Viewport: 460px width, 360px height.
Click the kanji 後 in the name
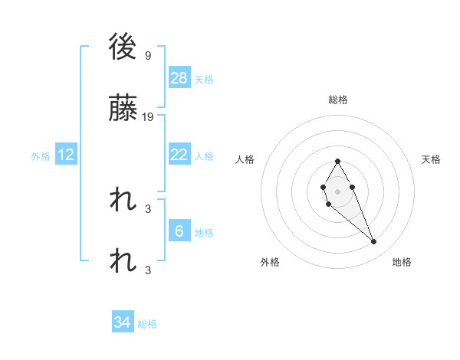[x=123, y=47]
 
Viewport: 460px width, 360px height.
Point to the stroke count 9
[x=147, y=55]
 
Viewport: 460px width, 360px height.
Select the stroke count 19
[x=149, y=117]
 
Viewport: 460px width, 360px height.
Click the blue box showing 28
[x=179, y=77]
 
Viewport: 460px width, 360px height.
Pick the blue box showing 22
[x=179, y=155]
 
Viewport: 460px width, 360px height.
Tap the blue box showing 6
[x=179, y=231]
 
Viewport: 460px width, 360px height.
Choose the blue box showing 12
[x=65, y=155]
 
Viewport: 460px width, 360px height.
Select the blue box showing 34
[x=123, y=323]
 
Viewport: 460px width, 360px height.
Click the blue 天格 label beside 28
[x=204, y=79]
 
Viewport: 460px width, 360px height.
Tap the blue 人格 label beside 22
[x=204, y=155]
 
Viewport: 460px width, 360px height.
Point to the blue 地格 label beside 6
[x=204, y=233]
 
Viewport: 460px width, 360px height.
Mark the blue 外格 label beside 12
[x=41, y=156]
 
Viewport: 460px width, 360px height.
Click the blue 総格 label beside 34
[x=147, y=324]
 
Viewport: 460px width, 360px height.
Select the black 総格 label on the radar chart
[x=338, y=100]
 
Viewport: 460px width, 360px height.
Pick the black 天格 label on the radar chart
[x=432, y=159]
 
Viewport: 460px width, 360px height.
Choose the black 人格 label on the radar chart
[x=245, y=159]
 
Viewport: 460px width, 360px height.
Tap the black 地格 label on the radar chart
[x=402, y=262]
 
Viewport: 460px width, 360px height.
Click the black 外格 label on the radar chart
[x=270, y=262]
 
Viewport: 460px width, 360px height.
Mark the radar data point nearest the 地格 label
[x=374, y=242]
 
